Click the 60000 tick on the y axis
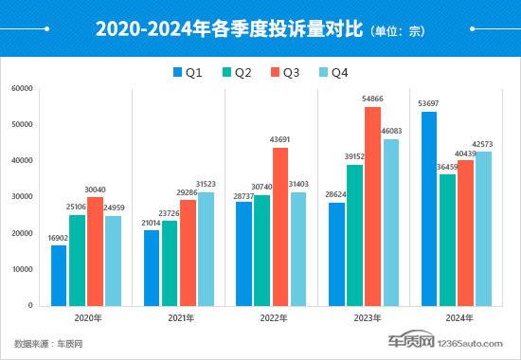pos(21,89)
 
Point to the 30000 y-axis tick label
pos(21,197)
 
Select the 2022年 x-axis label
pos(271,320)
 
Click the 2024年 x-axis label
pos(457,320)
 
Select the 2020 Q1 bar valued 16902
pos(59,275)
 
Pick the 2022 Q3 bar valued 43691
pos(279,227)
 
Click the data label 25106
pos(78,207)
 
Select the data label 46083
pos(390,130)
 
